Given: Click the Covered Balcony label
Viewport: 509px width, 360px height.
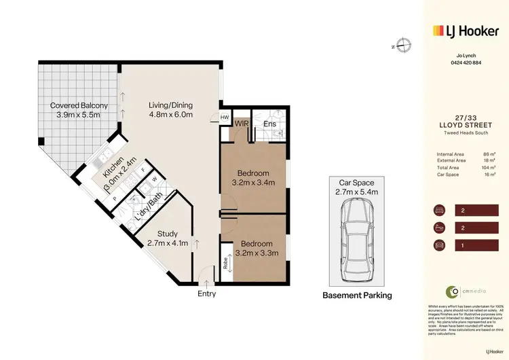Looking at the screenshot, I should pos(79,105).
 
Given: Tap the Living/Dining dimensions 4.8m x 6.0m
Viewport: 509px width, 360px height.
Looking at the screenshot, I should pos(171,115).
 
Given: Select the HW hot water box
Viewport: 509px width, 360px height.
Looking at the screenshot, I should pos(225,118).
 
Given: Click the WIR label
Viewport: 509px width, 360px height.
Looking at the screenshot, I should pos(242,123).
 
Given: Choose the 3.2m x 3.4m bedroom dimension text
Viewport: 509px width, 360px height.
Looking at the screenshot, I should pos(253,183).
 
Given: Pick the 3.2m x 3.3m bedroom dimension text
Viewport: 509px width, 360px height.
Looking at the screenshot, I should pos(256,253).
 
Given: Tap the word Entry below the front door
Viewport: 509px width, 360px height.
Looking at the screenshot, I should pos(206,293).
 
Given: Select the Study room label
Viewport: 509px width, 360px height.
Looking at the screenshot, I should pos(168,233).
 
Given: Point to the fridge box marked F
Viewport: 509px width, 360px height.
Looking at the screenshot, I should pos(143,167).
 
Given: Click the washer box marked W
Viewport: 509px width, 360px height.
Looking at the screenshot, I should pos(155,179).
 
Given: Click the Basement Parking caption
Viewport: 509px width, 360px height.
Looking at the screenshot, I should pos(356,295).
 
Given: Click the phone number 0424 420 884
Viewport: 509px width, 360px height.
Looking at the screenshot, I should pos(466,62).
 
